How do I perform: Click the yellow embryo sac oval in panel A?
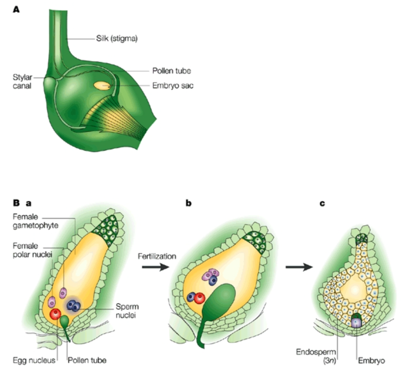102,85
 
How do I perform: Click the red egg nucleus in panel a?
55,314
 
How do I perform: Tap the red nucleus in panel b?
199,297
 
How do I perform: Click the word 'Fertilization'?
157,256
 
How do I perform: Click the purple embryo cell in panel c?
357,323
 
